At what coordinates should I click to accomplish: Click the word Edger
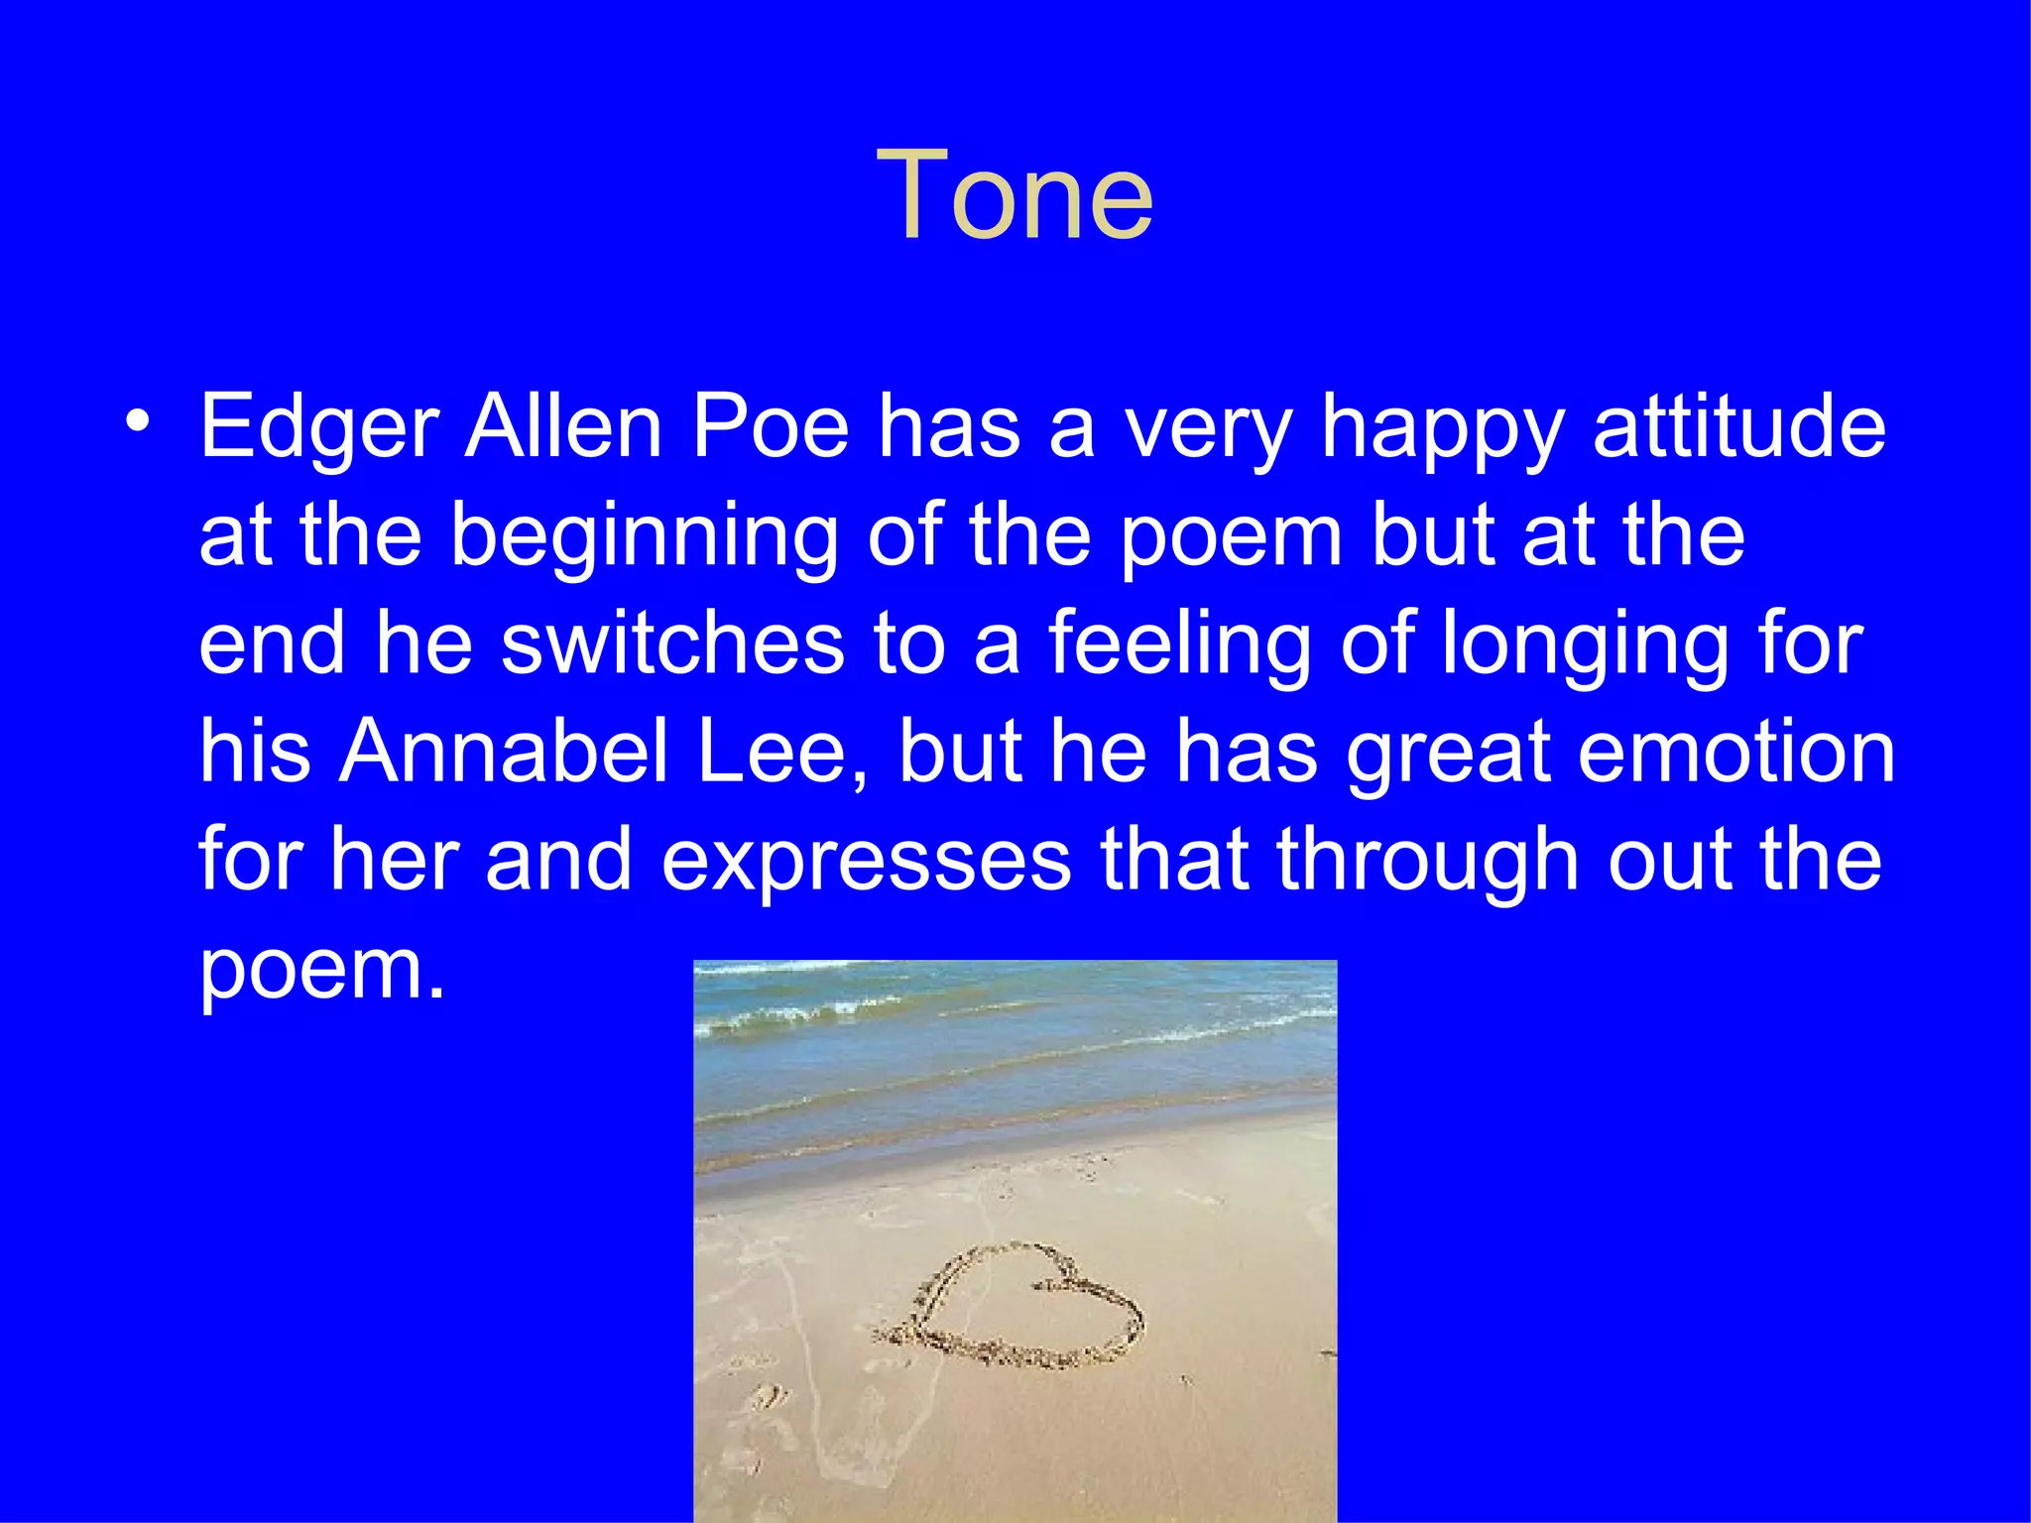tap(319, 428)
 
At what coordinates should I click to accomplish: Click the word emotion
tap(1735, 751)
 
